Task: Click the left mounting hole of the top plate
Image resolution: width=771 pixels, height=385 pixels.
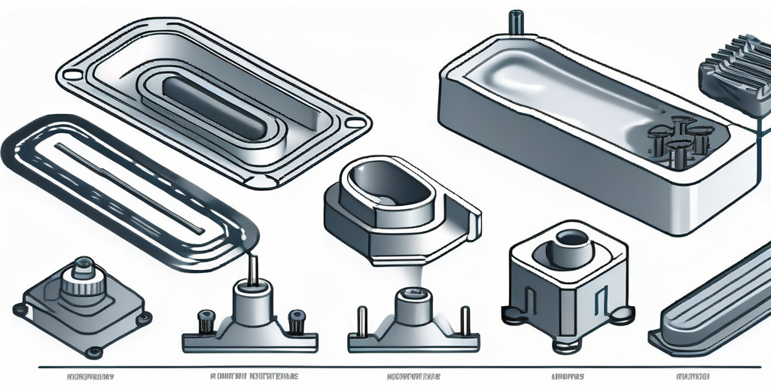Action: coord(72,75)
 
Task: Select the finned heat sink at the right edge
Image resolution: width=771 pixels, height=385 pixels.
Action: coord(734,75)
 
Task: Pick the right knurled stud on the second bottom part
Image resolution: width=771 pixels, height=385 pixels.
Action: coord(297,319)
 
